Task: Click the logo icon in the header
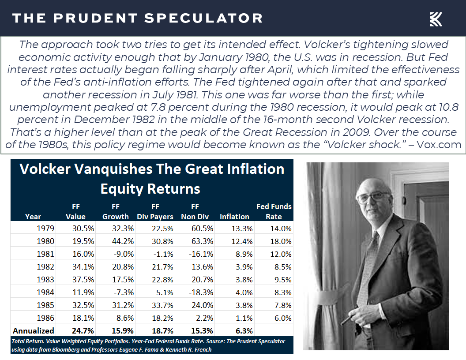click(436, 19)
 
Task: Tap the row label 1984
click(46, 292)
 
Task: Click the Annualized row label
click(34, 331)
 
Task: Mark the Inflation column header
click(234, 217)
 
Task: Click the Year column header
click(33, 217)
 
